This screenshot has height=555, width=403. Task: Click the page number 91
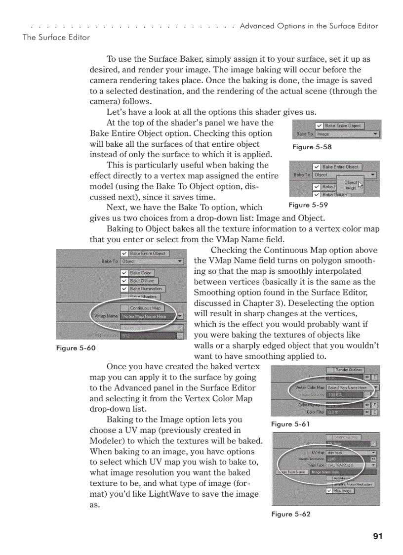click(378, 536)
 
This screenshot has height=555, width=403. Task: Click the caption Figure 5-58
click(312, 147)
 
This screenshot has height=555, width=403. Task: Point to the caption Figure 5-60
click(76, 348)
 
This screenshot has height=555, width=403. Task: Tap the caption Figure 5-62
click(291, 514)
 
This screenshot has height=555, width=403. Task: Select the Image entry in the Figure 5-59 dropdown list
click(350, 188)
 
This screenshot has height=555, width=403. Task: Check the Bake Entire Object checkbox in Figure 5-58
click(320, 126)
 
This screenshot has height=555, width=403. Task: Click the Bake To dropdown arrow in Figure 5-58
click(376, 134)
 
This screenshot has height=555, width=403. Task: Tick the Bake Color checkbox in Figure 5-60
click(124, 273)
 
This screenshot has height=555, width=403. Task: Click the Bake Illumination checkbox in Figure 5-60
click(124, 289)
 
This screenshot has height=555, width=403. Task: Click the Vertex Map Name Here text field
click(148, 316)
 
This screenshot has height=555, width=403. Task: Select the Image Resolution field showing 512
click(148, 336)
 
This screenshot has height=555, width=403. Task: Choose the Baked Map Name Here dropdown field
click(349, 388)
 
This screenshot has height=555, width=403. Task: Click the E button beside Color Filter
click(375, 412)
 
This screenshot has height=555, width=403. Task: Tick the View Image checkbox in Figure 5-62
click(329, 491)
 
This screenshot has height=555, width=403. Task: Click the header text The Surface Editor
click(56, 37)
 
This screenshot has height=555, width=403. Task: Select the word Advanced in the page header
click(255, 26)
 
